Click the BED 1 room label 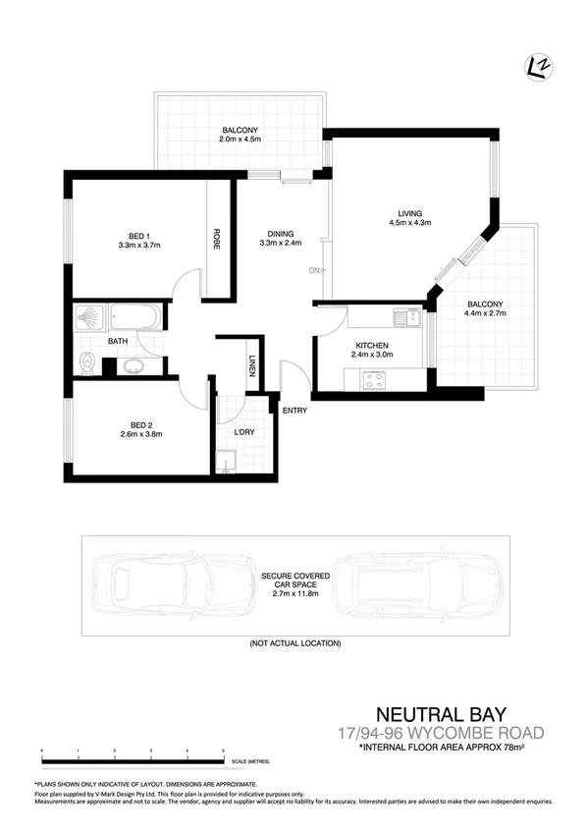click(x=138, y=235)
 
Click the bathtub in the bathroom click(x=135, y=317)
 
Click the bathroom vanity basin click(x=134, y=366)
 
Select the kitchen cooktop click(x=374, y=381)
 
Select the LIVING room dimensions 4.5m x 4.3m click(x=409, y=222)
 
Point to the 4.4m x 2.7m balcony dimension click(x=486, y=314)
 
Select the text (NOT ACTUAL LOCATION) click(x=294, y=643)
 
